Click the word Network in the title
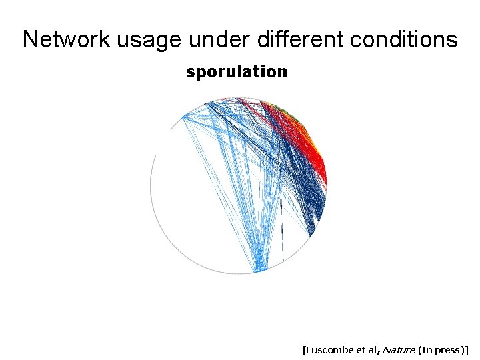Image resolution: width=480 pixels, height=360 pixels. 67,39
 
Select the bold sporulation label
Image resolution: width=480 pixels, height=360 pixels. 237,72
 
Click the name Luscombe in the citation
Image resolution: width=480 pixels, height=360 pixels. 331,349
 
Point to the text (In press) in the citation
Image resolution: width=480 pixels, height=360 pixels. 441,349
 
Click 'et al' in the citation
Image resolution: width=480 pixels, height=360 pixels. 370,349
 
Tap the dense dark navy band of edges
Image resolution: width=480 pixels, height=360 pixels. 303,193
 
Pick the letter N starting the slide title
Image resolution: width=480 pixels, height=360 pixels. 30,39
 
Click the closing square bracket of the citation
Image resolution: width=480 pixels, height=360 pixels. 468,349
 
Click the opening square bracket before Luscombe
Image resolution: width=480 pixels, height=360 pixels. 304,349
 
